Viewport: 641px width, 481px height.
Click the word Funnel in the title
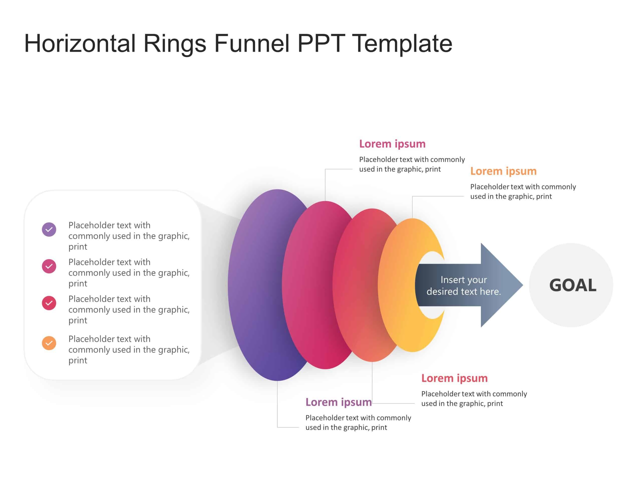[252, 44]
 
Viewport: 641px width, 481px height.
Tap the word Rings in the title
[175, 44]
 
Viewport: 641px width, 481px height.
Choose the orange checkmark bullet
[49, 343]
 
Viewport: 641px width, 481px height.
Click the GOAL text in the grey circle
[573, 285]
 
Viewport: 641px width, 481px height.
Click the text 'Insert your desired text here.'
[463, 286]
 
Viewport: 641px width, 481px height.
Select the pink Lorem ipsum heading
[392, 144]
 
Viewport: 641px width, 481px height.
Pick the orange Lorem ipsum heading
[503, 171]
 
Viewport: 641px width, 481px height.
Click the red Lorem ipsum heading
[454, 378]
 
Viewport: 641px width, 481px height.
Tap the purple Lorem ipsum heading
[339, 402]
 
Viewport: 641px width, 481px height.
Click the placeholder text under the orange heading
[523, 191]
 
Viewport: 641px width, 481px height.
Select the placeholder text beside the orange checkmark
[129, 350]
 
